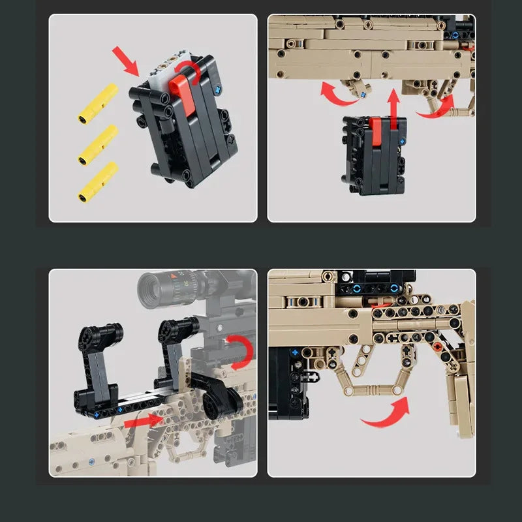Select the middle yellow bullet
[98, 144]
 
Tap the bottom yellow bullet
[98, 181]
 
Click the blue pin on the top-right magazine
[403, 141]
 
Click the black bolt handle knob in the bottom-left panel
[215, 397]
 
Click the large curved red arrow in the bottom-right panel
[387, 414]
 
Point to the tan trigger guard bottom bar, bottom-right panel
[373, 390]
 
